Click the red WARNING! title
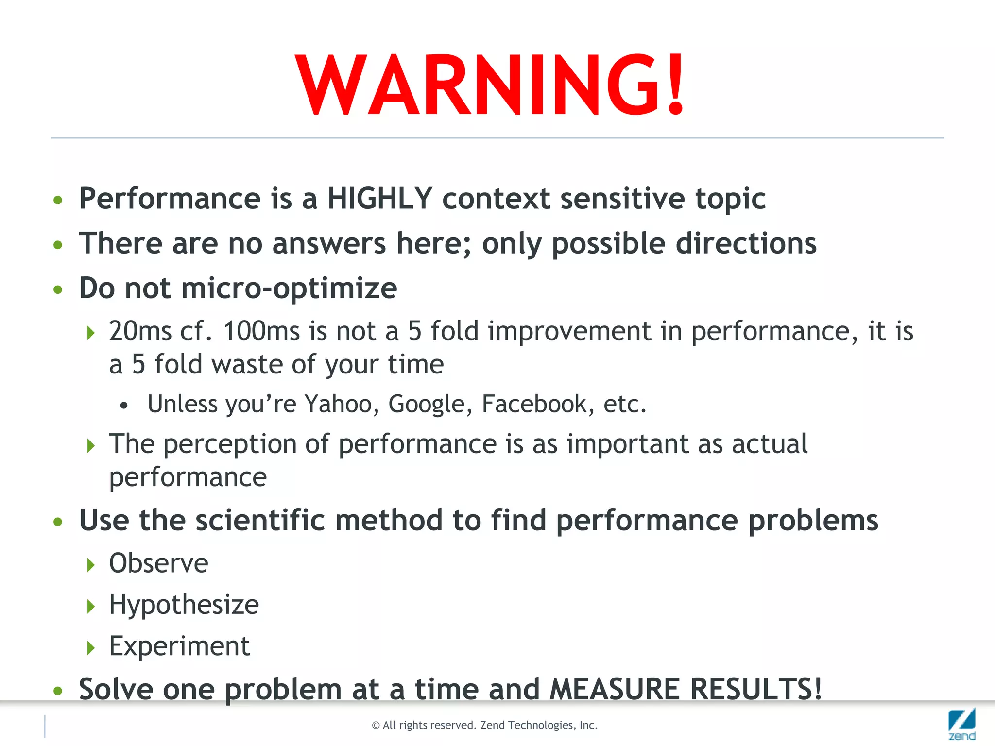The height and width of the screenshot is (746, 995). [x=490, y=85]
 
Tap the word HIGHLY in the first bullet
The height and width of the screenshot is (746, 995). [x=379, y=199]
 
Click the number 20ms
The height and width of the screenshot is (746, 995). [x=140, y=332]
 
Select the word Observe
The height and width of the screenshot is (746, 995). [x=158, y=563]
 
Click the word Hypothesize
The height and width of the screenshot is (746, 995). [x=184, y=605]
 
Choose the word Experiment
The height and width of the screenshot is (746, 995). [x=179, y=646]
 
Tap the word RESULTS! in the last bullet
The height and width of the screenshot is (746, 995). [x=756, y=689]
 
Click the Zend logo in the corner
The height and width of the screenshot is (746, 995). [x=961, y=724]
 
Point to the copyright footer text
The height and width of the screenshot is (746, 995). [x=484, y=725]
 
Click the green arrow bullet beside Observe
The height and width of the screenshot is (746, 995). [x=91, y=565]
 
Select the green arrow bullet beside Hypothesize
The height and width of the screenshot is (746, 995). [x=91, y=606]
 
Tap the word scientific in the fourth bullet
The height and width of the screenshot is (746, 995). [x=260, y=521]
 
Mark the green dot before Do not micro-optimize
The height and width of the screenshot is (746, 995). [x=58, y=290]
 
